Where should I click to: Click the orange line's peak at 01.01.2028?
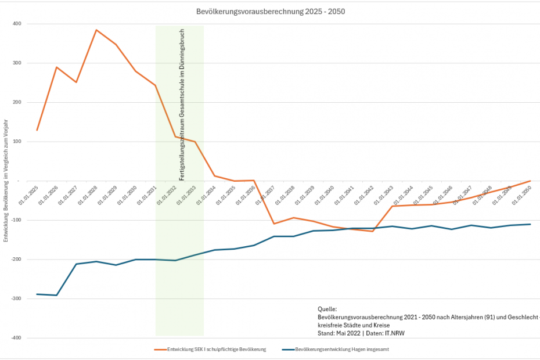pos(96,30)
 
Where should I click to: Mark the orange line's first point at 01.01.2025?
pos(37,130)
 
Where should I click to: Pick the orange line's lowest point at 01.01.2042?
pos(373,231)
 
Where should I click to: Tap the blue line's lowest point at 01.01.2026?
pos(56,295)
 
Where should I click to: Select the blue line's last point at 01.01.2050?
pos(530,224)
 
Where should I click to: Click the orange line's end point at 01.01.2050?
pos(530,181)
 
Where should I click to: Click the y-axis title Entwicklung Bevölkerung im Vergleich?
pos(5,179)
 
